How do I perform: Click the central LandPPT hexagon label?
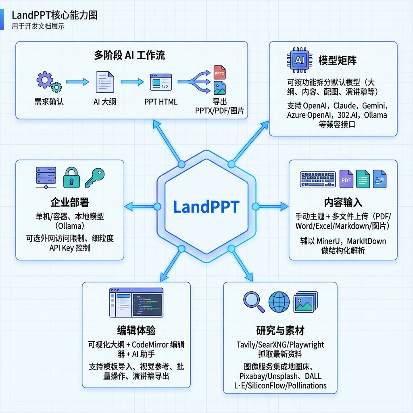pyautogui.click(x=206, y=206)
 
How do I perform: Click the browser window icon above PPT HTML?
pyautogui.click(x=161, y=82)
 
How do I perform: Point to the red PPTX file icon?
pyautogui.click(x=219, y=73)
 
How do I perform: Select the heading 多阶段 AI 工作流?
pyautogui.click(x=129, y=55)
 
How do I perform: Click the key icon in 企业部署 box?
pyautogui.click(x=95, y=177)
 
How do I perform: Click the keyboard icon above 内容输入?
pyautogui.click(x=318, y=179)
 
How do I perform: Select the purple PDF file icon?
pyautogui.click(x=346, y=179)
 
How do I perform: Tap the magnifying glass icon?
pyautogui.click(x=254, y=302)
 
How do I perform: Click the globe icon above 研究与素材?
pyautogui.click(x=279, y=301)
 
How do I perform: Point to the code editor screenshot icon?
pyautogui.click(x=136, y=302)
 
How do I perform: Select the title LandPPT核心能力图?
pyautogui.click(x=54, y=15)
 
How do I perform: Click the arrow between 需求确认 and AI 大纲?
pyautogui.click(x=77, y=82)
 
